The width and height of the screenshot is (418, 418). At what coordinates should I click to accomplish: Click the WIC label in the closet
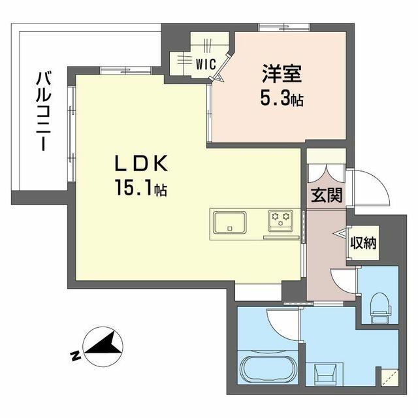206,64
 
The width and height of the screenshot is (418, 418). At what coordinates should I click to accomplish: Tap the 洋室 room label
282,74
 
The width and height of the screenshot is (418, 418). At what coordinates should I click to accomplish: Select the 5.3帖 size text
282,99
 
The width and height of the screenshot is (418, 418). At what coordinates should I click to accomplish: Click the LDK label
141,163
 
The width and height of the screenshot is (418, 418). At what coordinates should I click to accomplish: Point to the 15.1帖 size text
141,188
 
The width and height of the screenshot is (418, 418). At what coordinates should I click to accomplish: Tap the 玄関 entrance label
327,195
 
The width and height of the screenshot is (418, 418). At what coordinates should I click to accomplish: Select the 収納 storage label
363,242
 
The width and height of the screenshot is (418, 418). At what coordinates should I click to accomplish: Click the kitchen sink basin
230,222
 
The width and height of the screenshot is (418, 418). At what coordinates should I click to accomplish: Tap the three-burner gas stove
280,221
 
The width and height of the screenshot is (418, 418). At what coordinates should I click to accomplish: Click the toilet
380,308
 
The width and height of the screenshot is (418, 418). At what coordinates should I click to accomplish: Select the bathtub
268,369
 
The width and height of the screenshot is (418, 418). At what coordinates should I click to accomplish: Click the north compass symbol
103,347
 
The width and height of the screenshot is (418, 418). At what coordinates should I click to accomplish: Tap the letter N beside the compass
76,355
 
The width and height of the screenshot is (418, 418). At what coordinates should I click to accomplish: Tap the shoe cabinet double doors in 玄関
325,173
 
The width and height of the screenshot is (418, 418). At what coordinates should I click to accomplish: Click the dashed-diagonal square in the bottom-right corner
390,378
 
